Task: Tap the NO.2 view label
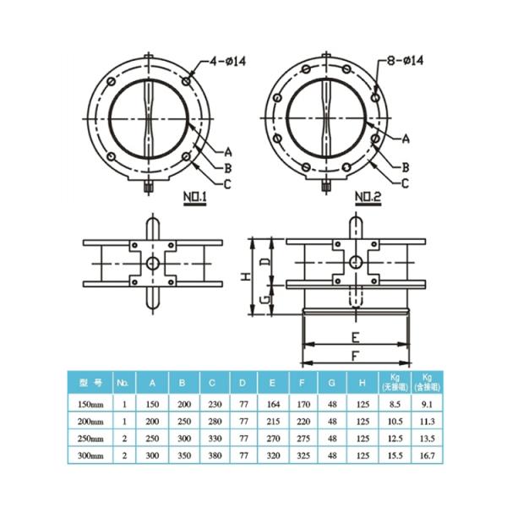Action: (x=368, y=199)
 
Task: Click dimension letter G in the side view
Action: (x=263, y=300)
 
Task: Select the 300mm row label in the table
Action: (x=90, y=455)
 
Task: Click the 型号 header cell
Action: (x=90, y=382)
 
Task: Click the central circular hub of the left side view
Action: (x=152, y=263)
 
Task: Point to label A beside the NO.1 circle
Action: (x=227, y=152)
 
